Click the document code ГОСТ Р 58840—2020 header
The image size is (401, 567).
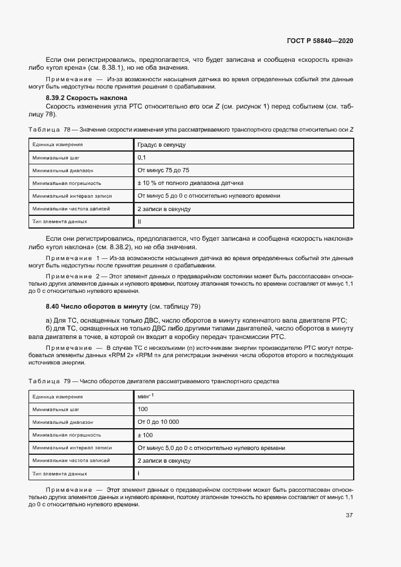(319, 41)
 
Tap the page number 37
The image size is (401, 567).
(349, 515)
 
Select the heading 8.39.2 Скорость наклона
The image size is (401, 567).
(86, 98)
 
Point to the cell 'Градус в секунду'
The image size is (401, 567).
(162, 145)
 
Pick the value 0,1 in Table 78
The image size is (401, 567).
(142, 158)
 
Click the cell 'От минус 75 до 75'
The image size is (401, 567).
(164, 170)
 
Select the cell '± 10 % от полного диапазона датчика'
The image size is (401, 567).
(190, 183)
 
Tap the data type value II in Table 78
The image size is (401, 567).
(140, 221)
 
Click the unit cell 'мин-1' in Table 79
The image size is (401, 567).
(146, 396)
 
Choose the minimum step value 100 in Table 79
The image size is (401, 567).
(143, 409)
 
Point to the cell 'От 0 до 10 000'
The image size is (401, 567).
(158, 422)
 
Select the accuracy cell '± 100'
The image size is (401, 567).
(146, 435)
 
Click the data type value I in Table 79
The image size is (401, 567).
(139, 473)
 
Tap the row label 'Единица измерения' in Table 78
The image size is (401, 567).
(58, 145)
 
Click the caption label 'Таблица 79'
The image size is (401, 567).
(49, 381)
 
